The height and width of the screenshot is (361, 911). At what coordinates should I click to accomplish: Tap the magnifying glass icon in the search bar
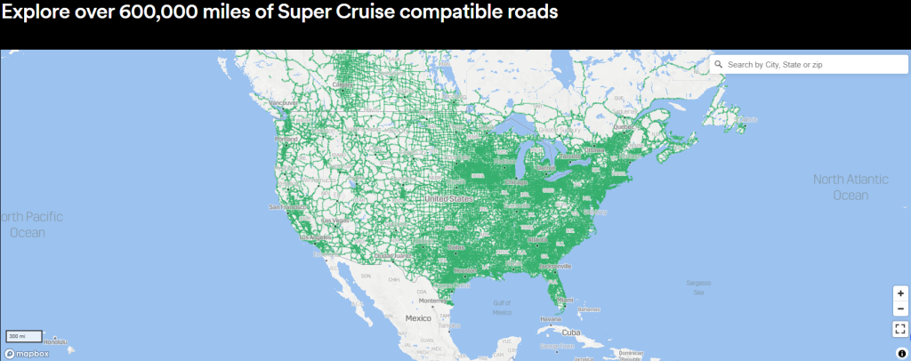pos(718,65)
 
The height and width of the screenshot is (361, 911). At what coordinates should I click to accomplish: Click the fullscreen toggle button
pos(900,328)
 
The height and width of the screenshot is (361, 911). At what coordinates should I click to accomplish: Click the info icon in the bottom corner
pos(901,353)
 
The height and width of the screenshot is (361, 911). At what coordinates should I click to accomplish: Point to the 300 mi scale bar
pos(24,336)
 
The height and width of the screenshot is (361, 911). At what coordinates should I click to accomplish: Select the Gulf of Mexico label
pos(503,308)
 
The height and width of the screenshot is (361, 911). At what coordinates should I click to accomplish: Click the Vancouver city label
pos(283,103)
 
